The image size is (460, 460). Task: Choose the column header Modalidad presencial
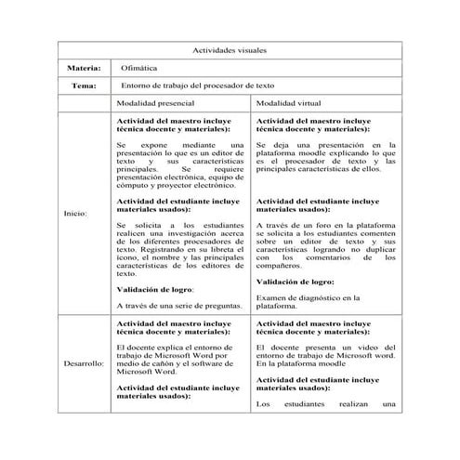point(156,104)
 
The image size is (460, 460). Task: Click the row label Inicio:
point(74,213)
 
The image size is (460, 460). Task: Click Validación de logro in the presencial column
point(154,289)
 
